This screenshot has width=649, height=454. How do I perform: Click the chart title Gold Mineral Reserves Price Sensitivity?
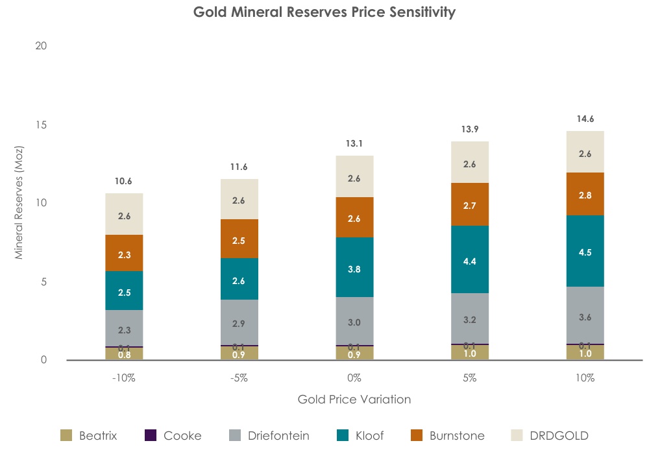324,12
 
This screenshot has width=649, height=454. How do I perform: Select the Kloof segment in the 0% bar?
354,267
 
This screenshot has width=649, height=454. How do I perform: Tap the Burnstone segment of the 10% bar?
585,193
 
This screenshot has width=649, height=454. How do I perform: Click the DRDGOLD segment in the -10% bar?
124,214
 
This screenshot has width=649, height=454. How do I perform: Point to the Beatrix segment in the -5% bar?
239,353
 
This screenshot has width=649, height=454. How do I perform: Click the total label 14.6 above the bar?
585,119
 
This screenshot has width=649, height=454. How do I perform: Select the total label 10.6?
124,181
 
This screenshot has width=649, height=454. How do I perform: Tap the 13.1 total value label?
354,143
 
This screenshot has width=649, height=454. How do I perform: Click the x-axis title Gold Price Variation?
354,400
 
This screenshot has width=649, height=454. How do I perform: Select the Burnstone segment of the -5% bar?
239,239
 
